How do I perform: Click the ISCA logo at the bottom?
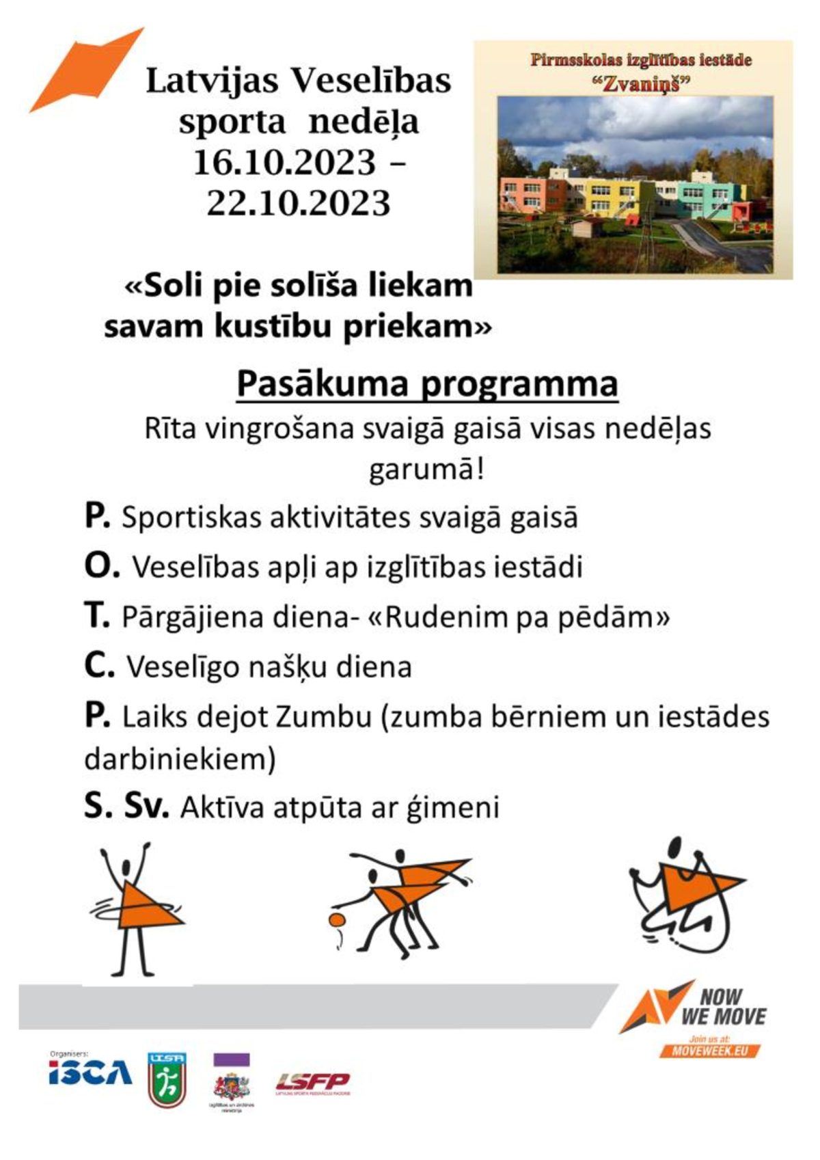coord(90,1073)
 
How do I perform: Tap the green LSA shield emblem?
coord(167,1079)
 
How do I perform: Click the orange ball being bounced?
coord(336,919)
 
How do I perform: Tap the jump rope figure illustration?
coord(683,895)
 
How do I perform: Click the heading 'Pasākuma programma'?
coord(427,383)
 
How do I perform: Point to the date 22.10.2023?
coord(299,203)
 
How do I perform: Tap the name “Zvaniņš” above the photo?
coord(641,84)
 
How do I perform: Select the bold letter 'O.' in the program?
coord(102,566)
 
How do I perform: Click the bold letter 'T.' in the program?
coord(97,616)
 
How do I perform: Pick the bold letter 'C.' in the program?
coord(99,666)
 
